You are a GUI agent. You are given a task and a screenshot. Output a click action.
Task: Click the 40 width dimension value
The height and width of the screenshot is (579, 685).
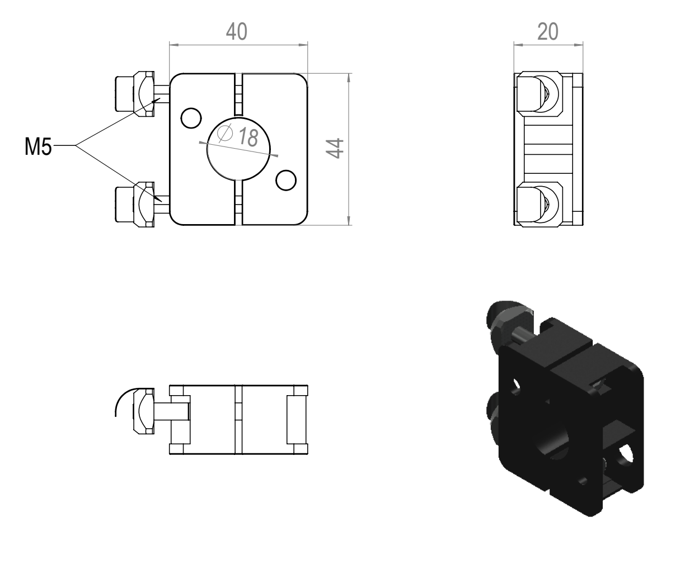[x=237, y=32]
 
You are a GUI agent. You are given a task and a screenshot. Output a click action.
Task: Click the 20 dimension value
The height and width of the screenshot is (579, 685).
[x=548, y=32]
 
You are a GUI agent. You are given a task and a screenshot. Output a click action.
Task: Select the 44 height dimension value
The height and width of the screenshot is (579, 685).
[x=335, y=149]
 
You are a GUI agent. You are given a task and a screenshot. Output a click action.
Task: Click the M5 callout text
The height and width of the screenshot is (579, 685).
[x=38, y=146]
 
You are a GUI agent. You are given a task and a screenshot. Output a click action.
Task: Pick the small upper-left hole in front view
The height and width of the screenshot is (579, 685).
[x=191, y=118]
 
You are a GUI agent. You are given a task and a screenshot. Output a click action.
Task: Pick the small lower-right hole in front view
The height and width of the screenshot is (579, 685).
[x=286, y=180]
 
